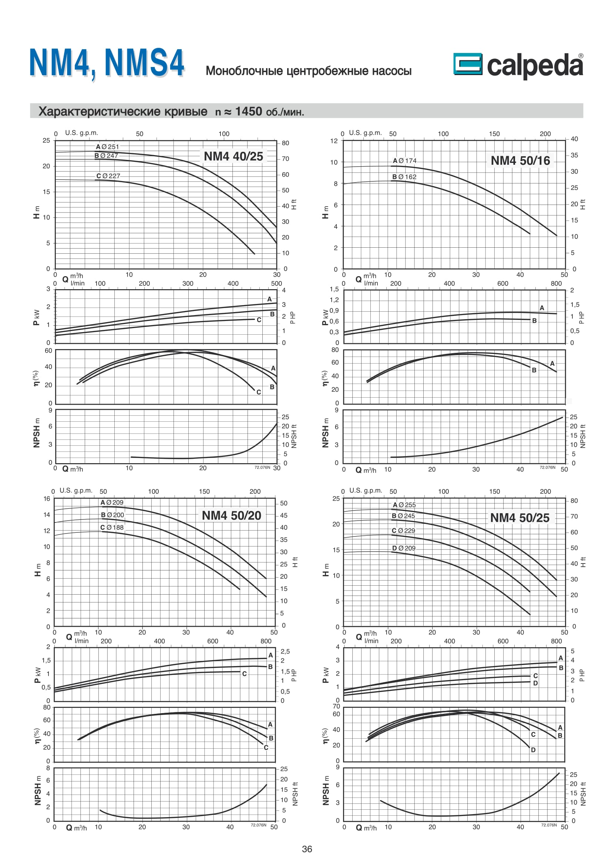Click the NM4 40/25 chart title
pyautogui.click(x=233, y=156)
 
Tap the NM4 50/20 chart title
pyautogui.click(x=231, y=515)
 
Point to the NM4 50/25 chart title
pyautogui.click(x=519, y=518)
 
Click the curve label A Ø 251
pyautogui.click(x=107, y=147)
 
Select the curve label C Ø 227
pyautogui.click(x=108, y=176)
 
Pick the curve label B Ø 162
pyautogui.click(x=404, y=177)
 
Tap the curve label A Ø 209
pyautogui.click(x=112, y=502)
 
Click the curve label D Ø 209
pyautogui.click(x=404, y=548)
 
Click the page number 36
pyautogui.click(x=307, y=849)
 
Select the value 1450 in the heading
pyautogui.click(x=248, y=111)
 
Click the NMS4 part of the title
pyautogui.click(x=144, y=63)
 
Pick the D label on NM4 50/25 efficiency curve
pyautogui.click(x=533, y=750)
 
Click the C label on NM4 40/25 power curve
pyautogui.click(x=259, y=320)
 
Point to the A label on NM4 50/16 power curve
pyautogui.click(x=542, y=308)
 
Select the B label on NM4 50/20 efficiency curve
pyautogui.click(x=271, y=738)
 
